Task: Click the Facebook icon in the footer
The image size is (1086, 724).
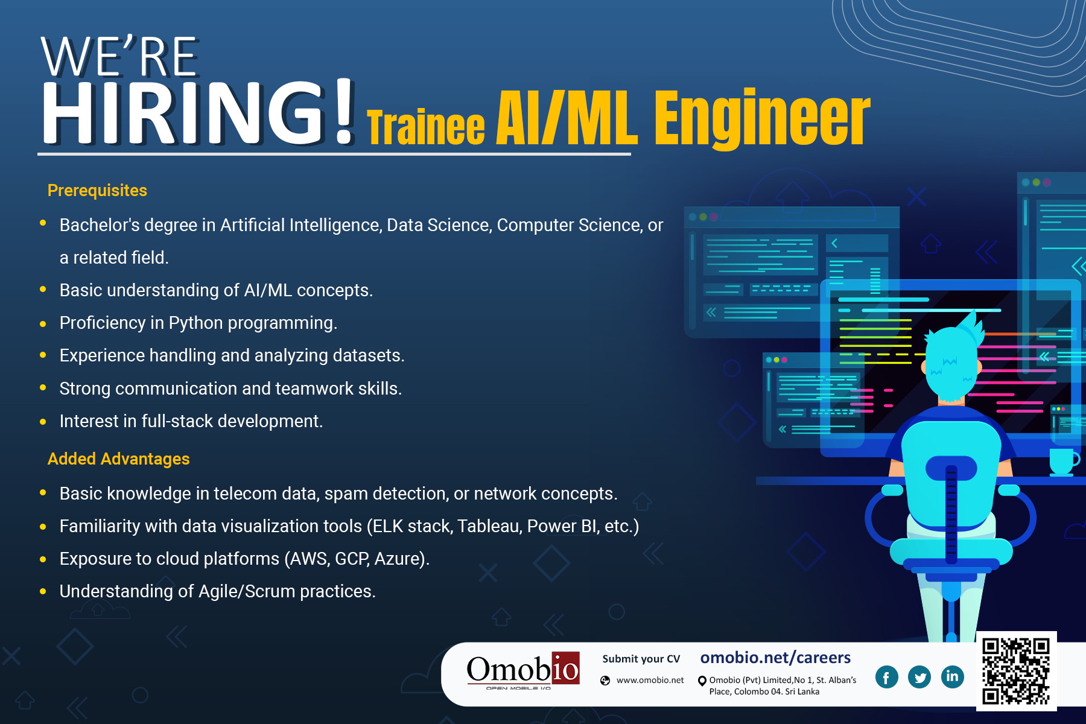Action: (886, 677)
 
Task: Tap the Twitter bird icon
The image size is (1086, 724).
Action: (919, 677)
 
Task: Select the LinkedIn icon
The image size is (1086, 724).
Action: (952, 677)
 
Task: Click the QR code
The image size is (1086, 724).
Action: (1016, 671)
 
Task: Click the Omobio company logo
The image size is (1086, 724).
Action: (523, 670)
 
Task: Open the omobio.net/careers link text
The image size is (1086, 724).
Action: (775, 658)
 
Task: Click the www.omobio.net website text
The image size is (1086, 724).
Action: (650, 680)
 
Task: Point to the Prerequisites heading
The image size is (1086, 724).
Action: (97, 191)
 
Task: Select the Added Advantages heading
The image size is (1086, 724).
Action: (119, 459)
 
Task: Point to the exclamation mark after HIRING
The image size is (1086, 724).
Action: (345, 112)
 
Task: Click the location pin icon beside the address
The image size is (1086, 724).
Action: (702, 681)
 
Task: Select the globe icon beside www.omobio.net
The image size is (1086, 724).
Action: (605, 681)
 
